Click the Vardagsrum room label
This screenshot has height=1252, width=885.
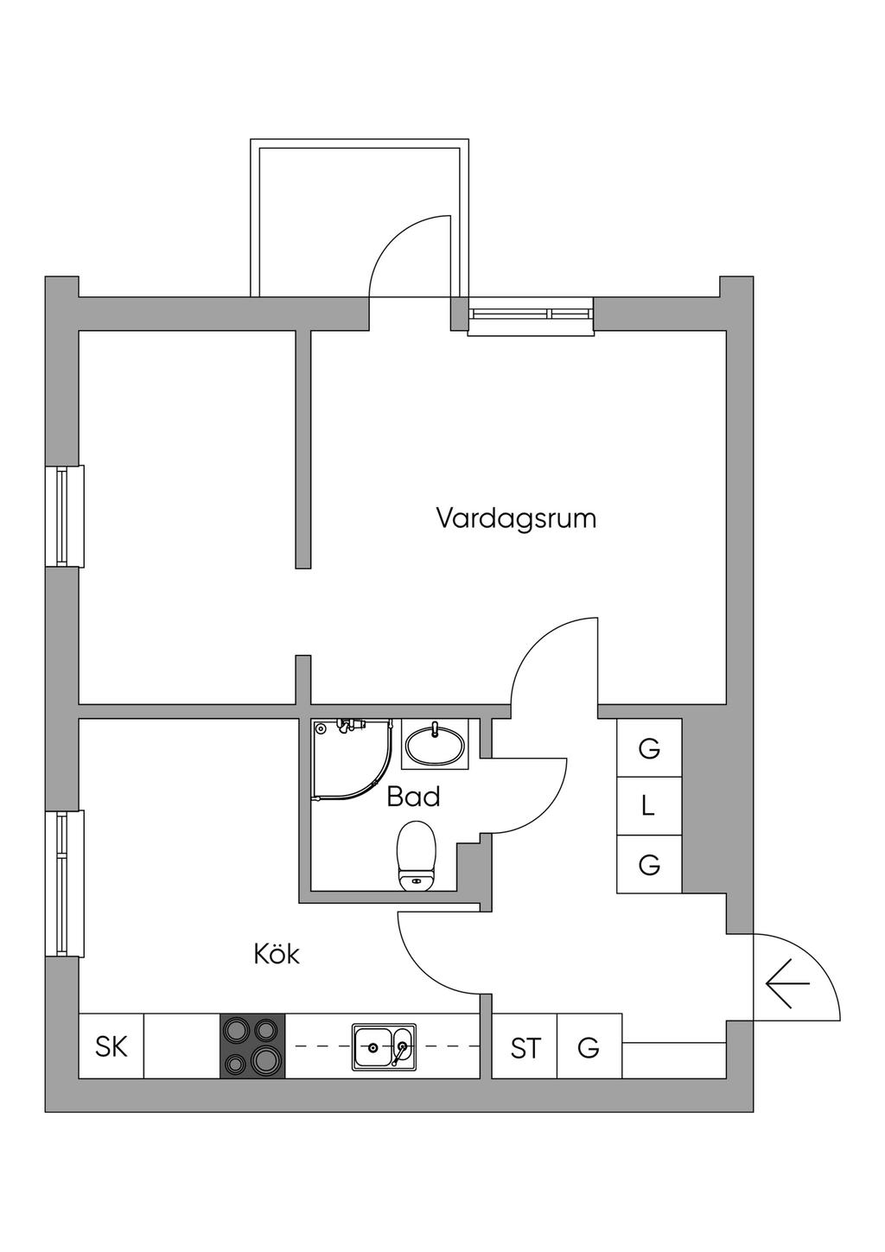[x=516, y=518]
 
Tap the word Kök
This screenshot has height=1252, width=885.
[x=277, y=955]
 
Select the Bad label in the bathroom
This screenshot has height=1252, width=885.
[x=413, y=797]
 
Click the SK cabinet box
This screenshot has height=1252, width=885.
[x=111, y=1046]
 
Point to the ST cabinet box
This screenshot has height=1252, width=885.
[x=525, y=1048]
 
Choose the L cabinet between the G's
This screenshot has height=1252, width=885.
[x=648, y=807]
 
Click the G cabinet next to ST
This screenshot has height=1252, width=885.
[x=589, y=1048]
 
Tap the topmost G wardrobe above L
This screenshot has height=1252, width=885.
[x=649, y=748]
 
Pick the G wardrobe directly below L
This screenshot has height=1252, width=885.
[x=649, y=864]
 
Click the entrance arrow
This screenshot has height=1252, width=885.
[x=786, y=984]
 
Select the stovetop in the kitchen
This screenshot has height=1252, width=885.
[x=252, y=1045]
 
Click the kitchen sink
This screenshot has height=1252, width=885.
[x=384, y=1047]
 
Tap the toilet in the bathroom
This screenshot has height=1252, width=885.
[x=418, y=856]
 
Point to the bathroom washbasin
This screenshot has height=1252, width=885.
[x=434, y=744]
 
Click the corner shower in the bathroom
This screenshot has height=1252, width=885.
[x=346, y=756]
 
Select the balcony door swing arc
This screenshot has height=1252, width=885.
[x=406, y=251]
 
